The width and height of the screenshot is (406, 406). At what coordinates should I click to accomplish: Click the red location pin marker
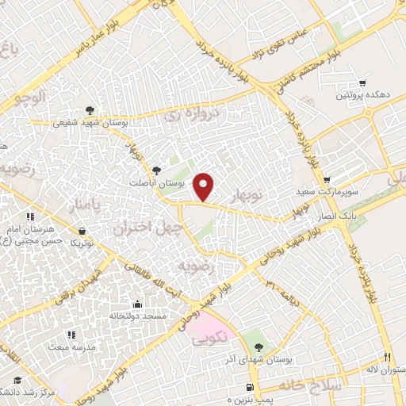point(205,186)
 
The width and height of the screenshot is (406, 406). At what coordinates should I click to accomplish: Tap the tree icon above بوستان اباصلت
point(156,169)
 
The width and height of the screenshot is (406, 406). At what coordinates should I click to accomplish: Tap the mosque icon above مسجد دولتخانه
point(137,304)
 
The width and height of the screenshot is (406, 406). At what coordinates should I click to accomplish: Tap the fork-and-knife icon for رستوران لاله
point(388,357)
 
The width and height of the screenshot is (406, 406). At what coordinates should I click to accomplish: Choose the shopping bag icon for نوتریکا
point(80,231)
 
